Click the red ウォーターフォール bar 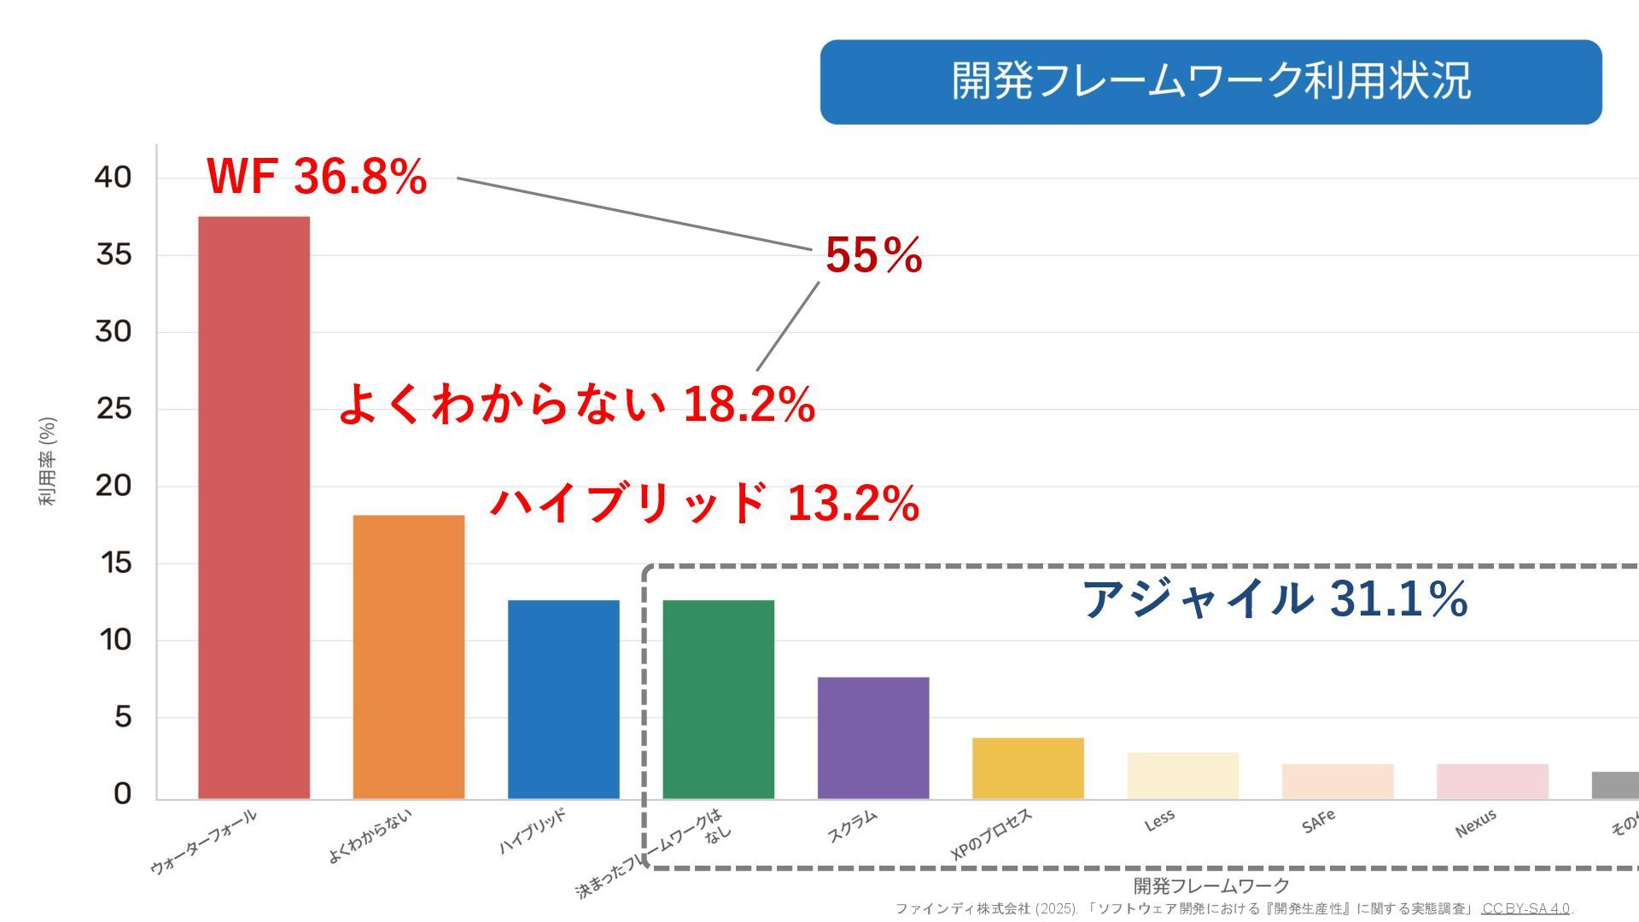pyautogui.click(x=254, y=508)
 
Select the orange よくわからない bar pyautogui.click(x=408, y=657)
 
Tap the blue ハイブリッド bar pyautogui.click(x=563, y=700)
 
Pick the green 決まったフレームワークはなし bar pyautogui.click(x=718, y=700)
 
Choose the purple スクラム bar pyautogui.click(x=872, y=738)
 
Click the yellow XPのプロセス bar pyautogui.click(x=1028, y=768)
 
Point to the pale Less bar pyautogui.click(x=1182, y=775)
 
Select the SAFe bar pyautogui.click(x=1338, y=781)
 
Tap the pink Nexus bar pyautogui.click(x=1492, y=781)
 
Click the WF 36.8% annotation pyautogui.click(x=317, y=177)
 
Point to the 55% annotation pyautogui.click(x=873, y=255)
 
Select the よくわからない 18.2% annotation pyautogui.click(x=577, y=404)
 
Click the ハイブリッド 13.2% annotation pyautogui.click(x=704, y=502)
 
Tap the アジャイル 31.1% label pyautogui.click(x=1274, y=598)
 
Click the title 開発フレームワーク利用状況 pyautogui.click(x=1210, y=82)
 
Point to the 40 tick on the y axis pyautogui.click(x=113, y=178)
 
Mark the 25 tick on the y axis pyautogui.click(x=114, y=409)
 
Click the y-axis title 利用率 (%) pyautogui.click(x=48, y=461)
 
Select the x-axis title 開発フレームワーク pyautogui.click(x=1210, y=885)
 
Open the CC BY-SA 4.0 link pyautogui.click(x=1525, y=908)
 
